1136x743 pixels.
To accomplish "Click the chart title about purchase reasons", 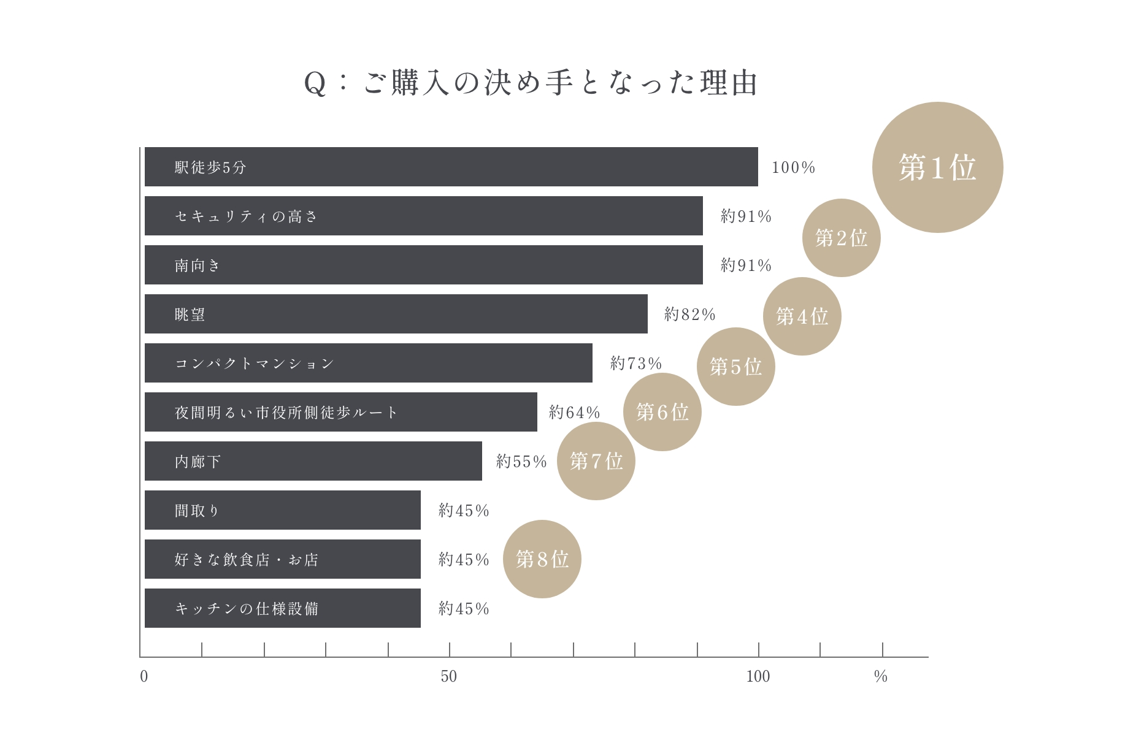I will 531,83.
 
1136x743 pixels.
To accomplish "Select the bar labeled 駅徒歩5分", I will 451,167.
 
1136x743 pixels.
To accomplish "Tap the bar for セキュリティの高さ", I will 423,216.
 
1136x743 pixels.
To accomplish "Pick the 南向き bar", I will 423,265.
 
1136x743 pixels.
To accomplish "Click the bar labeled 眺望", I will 396,314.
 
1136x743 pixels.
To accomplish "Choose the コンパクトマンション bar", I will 368,363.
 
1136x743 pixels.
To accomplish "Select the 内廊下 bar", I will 313,461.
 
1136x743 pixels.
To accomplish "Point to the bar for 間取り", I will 282,510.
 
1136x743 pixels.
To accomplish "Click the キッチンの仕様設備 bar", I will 282,608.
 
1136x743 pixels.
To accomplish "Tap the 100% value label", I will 793,167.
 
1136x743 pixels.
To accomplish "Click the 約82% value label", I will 690,314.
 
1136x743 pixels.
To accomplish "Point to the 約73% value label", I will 636,364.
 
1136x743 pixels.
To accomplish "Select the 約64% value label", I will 575,413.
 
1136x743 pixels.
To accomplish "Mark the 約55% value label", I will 521,462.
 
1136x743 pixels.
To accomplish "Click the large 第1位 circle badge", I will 937,167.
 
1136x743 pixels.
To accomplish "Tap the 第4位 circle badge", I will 802,316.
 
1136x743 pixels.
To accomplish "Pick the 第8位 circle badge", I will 542,559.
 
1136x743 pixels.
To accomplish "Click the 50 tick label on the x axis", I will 449,676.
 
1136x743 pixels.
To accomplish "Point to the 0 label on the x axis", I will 144,676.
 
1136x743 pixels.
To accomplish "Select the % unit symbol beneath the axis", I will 881,676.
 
